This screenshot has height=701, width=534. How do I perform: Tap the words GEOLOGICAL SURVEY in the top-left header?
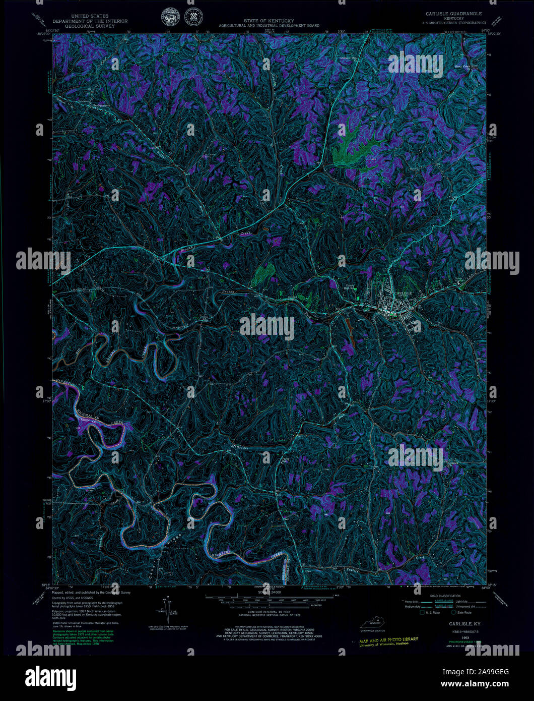tap(90, 26)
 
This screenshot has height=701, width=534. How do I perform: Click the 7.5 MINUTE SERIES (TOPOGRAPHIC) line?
tap(454, 23)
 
